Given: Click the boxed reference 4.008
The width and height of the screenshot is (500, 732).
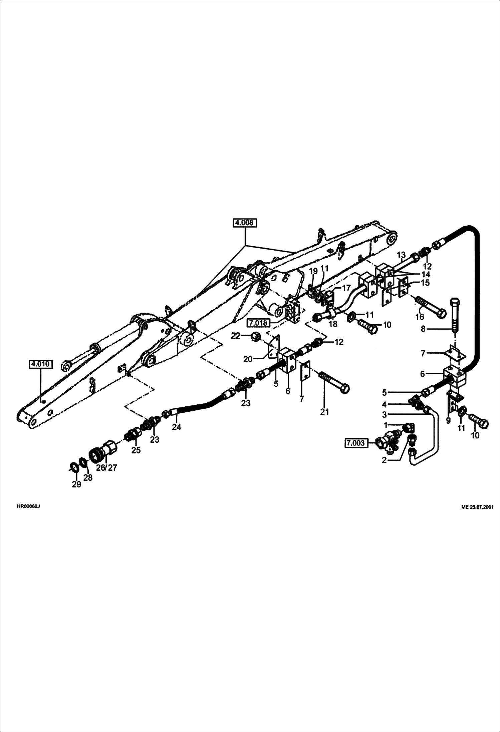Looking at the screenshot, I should pos(245,223).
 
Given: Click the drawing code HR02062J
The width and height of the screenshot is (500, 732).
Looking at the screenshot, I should pos(28,506).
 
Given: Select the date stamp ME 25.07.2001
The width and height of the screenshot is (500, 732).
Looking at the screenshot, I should pos(477,507).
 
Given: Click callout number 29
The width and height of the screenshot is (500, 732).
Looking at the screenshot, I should pos(76,484).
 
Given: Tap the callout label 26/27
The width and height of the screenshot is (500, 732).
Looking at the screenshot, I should pos(106,468).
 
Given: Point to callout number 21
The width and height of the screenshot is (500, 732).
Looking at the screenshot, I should pos(324,412).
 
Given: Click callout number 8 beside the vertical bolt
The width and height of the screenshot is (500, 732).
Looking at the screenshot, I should pos(423,329).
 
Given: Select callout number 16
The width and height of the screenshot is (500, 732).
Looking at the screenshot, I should pos(420,317).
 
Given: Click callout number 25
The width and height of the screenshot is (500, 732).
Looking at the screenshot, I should pos(136,450).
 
